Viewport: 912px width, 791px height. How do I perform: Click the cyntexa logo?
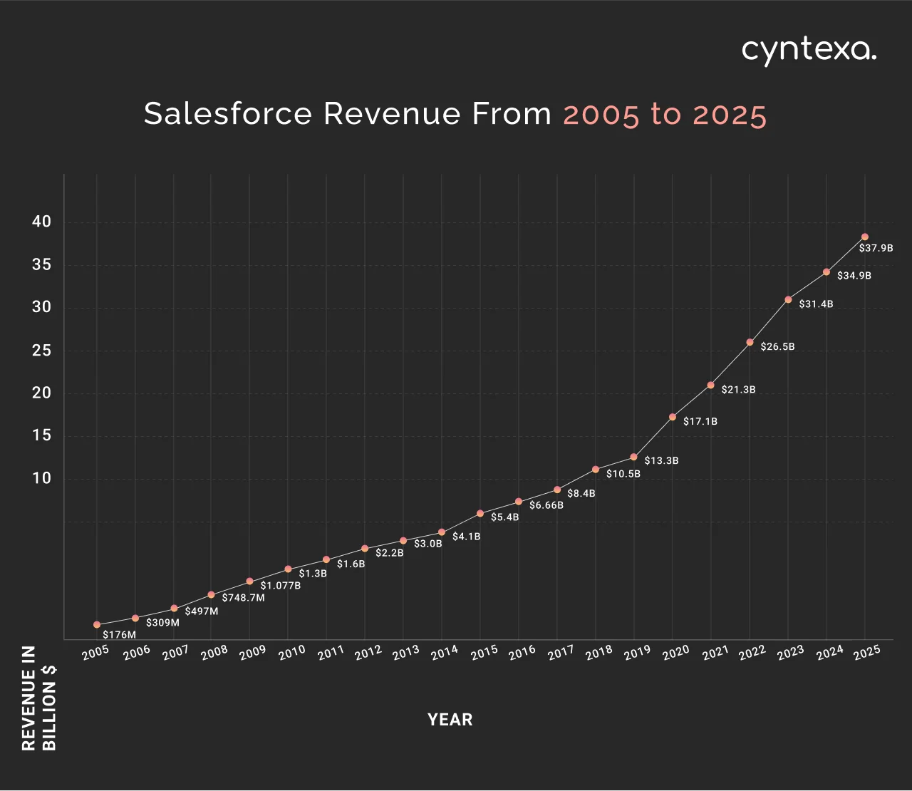[809, 51]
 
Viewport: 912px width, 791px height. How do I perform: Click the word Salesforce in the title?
[228, 114]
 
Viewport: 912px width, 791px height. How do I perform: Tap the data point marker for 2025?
[864, 237]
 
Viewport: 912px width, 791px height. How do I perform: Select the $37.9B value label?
[876, 249]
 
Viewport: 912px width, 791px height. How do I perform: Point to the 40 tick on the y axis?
[42, 222]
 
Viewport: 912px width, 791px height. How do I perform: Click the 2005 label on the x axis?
[95, 652]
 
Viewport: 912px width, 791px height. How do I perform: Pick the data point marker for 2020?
[672, 417]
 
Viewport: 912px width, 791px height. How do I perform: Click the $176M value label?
[119, 635]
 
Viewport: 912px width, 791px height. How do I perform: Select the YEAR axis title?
[450, 720]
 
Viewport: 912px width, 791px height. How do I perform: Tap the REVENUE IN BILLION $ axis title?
[39, 698]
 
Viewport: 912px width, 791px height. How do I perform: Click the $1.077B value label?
[280, 586]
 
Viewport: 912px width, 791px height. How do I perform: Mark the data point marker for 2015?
[480, 513]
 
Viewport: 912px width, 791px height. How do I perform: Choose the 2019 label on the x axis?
[637, 652]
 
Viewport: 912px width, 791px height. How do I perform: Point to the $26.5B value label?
[777, 347]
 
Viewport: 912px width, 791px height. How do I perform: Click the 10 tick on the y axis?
[42, 478]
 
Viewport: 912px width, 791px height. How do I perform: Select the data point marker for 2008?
[211, 594]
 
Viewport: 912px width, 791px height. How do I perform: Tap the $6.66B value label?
[546, 505]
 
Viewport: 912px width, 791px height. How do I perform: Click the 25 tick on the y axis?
[42, 350]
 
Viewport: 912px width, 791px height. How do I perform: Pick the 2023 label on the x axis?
[791, 652]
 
